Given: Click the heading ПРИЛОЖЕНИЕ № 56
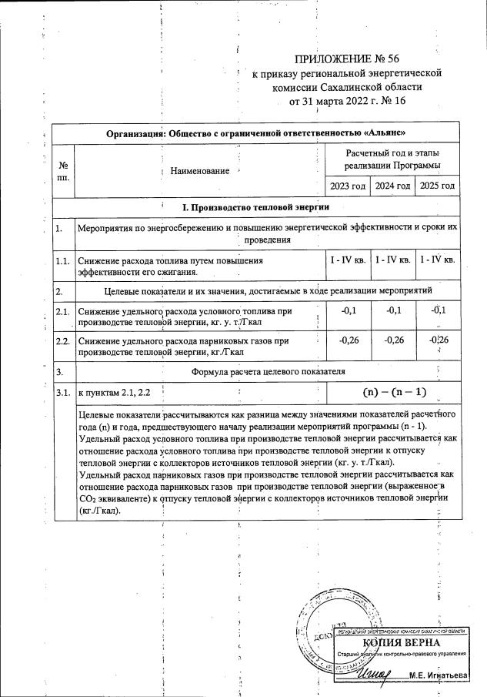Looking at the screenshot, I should tap(347, 59).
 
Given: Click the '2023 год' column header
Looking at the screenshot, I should tap(348, 186).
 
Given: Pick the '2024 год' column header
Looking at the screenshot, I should tap(392, 186).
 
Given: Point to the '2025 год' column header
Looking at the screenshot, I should tap(437, 186).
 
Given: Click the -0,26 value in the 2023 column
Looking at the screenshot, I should tap(348, 340).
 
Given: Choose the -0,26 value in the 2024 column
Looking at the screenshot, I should tap(392, 340).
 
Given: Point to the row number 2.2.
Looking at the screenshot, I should tap(63, 340).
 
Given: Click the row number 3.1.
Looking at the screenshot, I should tap(63, 393).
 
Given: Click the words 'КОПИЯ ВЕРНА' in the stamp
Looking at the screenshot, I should tap(401, 643).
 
